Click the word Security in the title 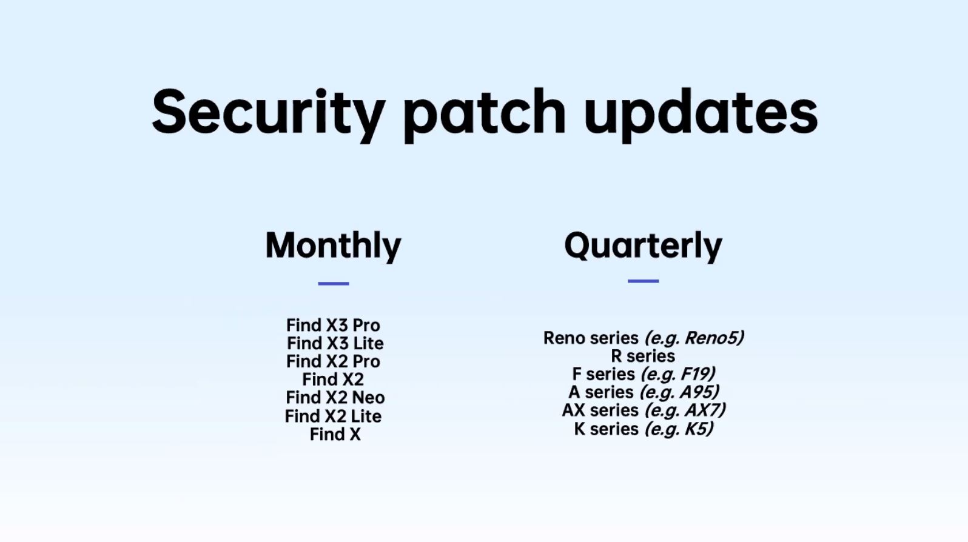click(x=268, y=113)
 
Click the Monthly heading click(x=333, y=246)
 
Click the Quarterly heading click(x=643, y=246)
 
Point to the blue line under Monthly click(x=333, y=284)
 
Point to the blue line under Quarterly click(x=643, y=281)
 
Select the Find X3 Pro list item click(x=333, y=325)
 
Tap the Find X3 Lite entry click(x=335, y=343)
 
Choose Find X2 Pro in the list click(x=333, y=361)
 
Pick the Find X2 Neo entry click(x=335, y=397)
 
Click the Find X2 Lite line click(x=333, y=417)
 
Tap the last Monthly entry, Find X click(x=335, y=435)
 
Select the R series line click(x=643, y=356)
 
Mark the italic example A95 click(x=695, y=392)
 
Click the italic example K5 click(x=696, y=429)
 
